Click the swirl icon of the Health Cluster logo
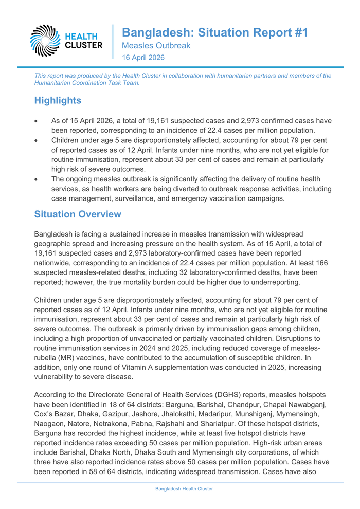[46, 40]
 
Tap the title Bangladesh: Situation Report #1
[214, 32]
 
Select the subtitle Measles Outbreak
[156, 46]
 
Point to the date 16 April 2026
[143, 58]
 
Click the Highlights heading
[58, 100]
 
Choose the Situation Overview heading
[78, 214]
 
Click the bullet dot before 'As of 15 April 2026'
[35, 121]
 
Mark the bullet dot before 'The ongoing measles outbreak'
[35, 179]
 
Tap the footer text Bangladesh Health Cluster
[184, 489]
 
